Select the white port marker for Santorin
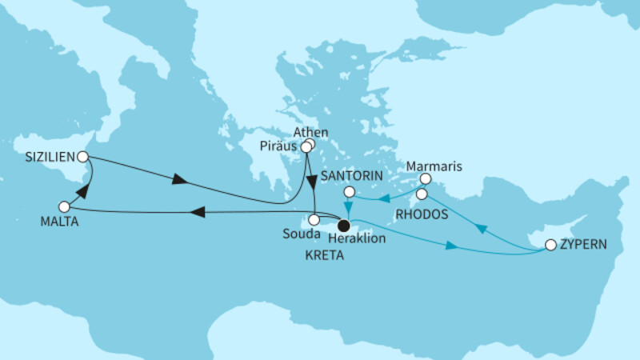(349, 192)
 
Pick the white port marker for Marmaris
(426, 178)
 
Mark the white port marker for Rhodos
(422, 194)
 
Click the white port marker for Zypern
(550, 245)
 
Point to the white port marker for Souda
(314, 218)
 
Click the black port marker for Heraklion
(343, 225)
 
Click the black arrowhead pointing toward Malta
(201, 212)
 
